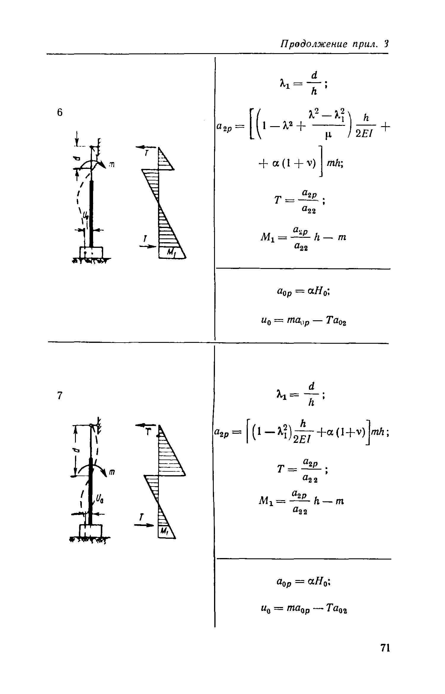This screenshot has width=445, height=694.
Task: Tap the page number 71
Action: pos(385,656)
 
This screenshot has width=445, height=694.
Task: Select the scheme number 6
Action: pos(60,113)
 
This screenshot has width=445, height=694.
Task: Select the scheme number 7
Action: pos(60,395)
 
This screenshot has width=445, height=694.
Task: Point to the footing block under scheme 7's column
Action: pos(90,531)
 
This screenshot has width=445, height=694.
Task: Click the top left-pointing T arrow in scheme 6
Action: pos(146,147)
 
